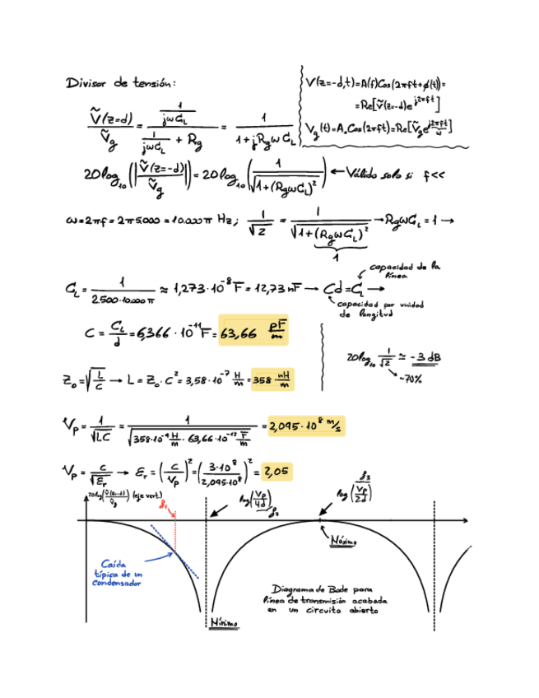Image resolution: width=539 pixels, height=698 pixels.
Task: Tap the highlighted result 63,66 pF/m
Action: (x=255, y=332)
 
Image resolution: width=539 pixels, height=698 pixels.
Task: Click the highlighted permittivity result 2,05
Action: (x=275, y=472)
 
